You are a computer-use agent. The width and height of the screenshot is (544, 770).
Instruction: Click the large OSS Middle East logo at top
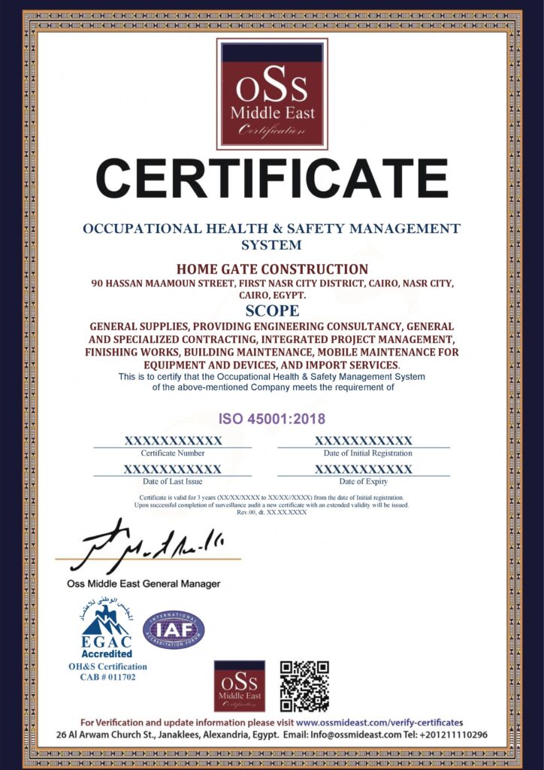(272, 94)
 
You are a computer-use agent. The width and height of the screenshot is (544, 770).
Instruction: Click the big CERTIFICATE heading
(272, 179)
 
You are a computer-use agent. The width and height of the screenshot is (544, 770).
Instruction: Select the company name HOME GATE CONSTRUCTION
(272, 268)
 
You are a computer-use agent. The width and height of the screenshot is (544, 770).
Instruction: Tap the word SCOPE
(272, 311)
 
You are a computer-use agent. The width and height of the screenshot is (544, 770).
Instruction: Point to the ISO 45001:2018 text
(272, 417)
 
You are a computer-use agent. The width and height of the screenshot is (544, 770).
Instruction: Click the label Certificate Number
(173, 453)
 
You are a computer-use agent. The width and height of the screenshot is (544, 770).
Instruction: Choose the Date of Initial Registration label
(368, 453)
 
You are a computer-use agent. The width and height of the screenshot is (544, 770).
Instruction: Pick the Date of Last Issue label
(173, 481)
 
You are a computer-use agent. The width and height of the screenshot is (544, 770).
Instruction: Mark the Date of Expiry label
(364, 481)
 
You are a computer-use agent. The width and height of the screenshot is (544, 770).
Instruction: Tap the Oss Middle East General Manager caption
(139, 584)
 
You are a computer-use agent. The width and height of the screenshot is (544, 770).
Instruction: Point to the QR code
(304, 686)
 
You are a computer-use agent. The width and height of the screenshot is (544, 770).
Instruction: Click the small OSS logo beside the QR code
(239, 686)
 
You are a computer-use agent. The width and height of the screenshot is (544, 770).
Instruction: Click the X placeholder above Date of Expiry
(364, 468)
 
